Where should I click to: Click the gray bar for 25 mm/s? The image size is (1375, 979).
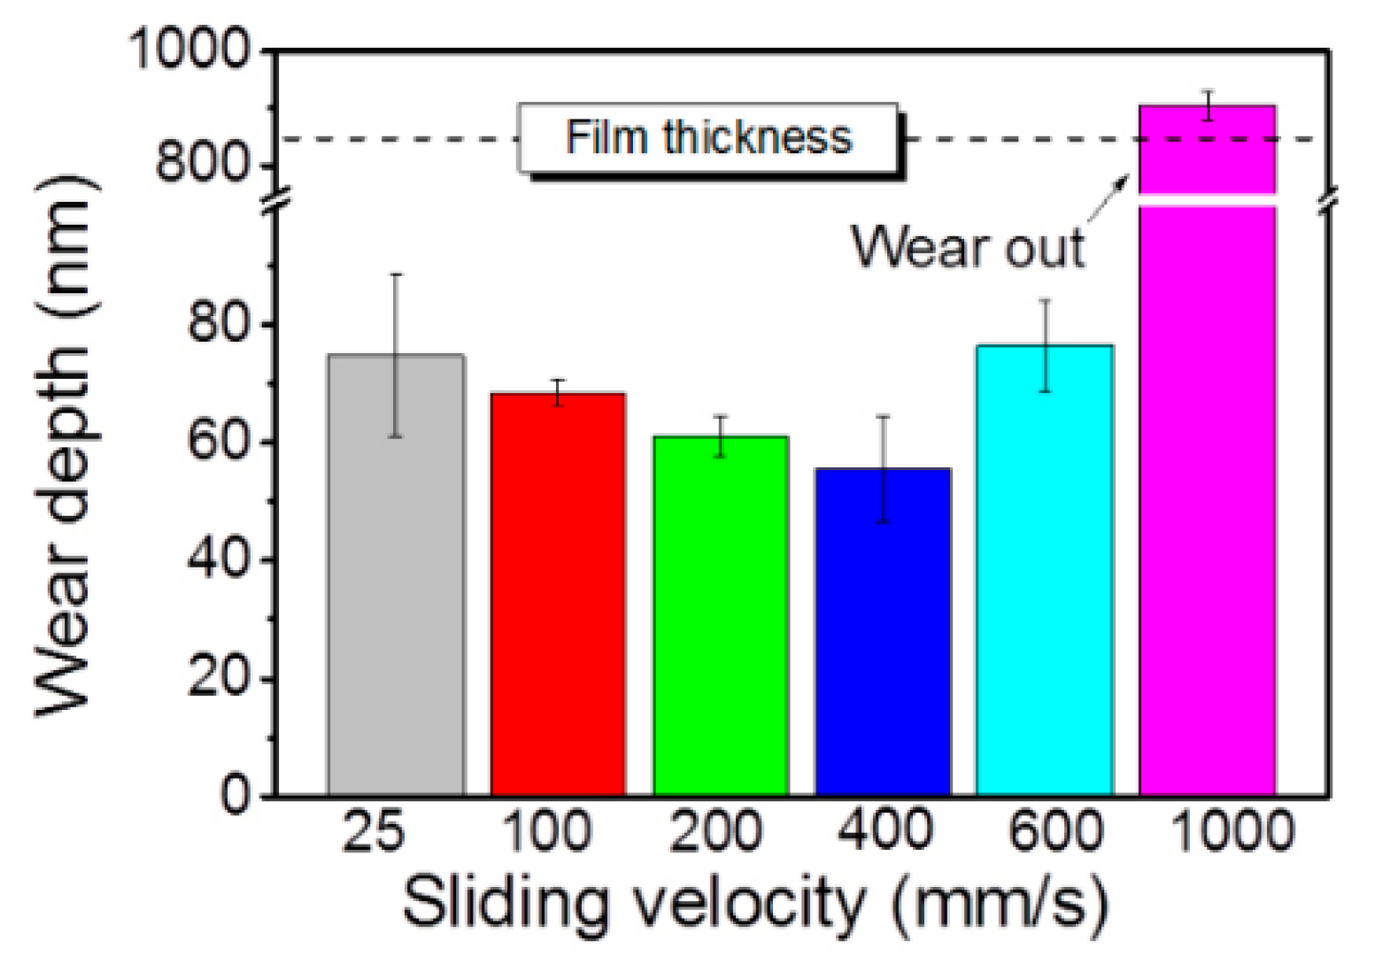coord(396,575)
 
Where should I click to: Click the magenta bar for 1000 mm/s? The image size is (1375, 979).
coord(1207,496)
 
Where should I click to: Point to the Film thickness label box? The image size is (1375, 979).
coord(708,138)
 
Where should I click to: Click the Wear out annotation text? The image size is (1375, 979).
coord(968,247)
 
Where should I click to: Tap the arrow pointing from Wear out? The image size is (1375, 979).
coord(1108,198)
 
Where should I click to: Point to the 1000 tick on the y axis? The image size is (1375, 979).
coord(190,50)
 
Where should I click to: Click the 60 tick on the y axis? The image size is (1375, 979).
coord(217,442)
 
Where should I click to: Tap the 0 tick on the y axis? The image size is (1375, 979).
coord(236,794)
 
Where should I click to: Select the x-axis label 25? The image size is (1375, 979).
coord(374,832)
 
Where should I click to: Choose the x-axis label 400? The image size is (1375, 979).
coord(884,832)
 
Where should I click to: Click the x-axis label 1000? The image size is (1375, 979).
coord(1232,832)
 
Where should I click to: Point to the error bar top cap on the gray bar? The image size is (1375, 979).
coord(396,274)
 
